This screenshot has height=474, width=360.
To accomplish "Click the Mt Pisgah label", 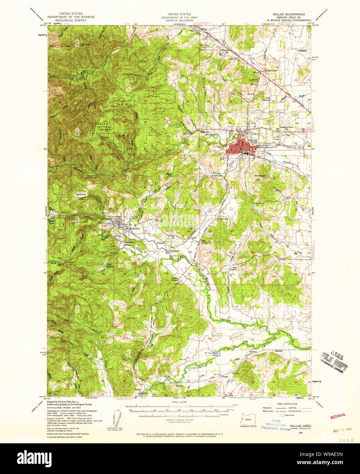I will tap(260, 176).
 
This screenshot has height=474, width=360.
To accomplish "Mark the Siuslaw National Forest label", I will tap(102, 126).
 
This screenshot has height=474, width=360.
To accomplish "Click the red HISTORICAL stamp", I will tap(338, 416).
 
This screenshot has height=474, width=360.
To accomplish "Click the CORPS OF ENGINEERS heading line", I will tap(177, 20).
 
